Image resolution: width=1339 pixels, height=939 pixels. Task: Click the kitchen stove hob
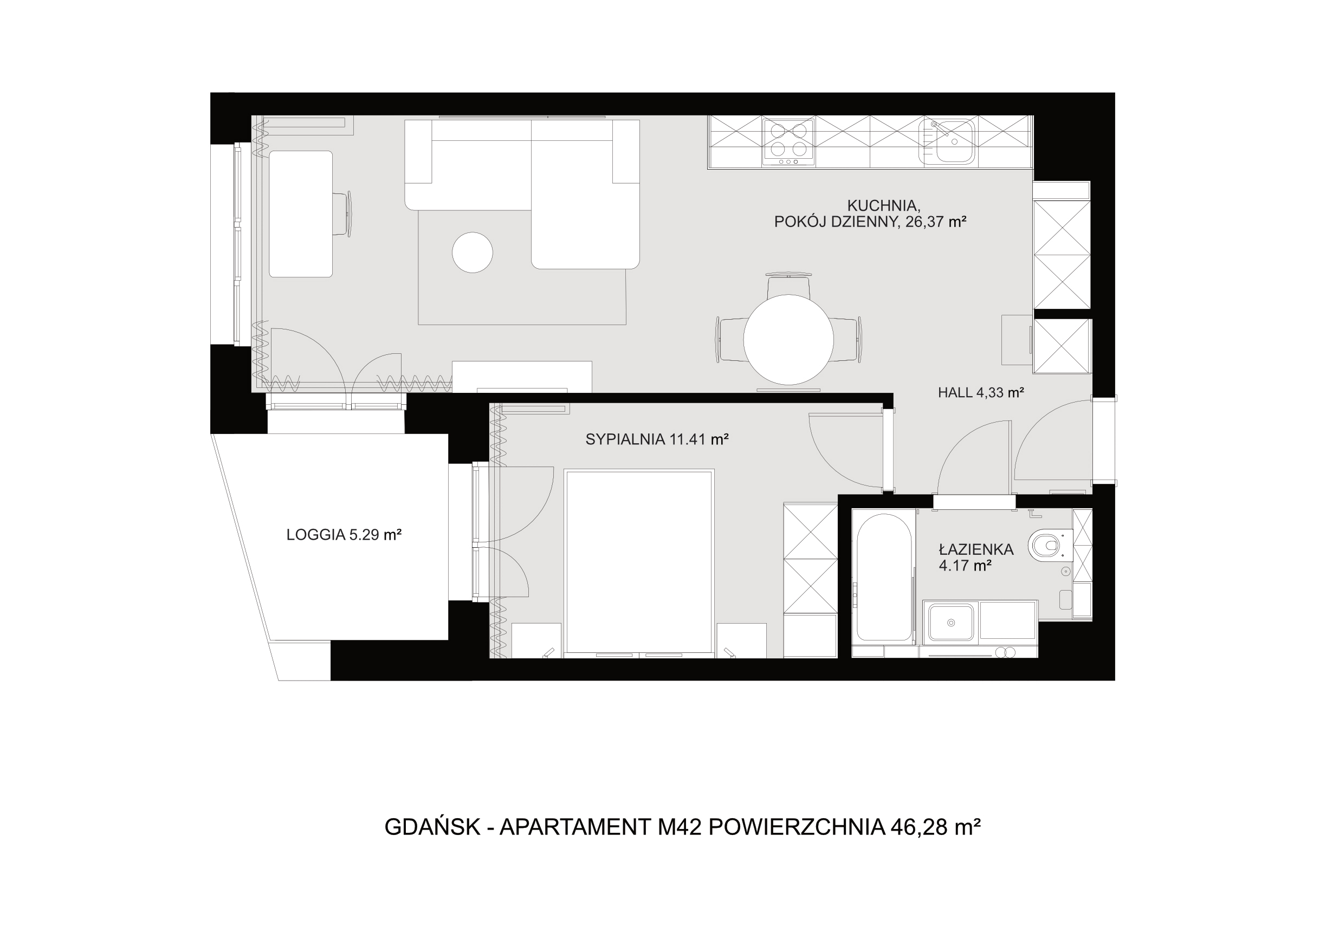click(x=789, y=143)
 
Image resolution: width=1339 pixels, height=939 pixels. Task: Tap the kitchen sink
click(x=947, y=141)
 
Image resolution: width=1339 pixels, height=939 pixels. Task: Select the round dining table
click(x=788, y=339)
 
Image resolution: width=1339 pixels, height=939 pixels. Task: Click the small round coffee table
click(x=473, y=252)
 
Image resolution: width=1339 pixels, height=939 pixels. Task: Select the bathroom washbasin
click(x=951, y=621)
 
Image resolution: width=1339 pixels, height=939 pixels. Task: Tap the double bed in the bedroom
click(x=639, y=563)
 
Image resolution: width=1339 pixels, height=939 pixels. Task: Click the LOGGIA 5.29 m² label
click(x=344, y=534)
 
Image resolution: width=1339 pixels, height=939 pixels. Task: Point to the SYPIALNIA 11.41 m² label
click(x=657, y=439)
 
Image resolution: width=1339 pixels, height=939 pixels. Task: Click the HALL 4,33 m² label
click(x=981, y=392)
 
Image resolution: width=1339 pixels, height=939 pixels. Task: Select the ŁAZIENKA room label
click(x=976, y=549)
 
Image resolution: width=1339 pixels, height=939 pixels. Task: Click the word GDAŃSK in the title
click(x=432, y=827)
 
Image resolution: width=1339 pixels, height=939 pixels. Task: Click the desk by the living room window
click(x=301, y=214)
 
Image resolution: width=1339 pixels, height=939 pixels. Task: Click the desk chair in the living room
click(x=343, y=214)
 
